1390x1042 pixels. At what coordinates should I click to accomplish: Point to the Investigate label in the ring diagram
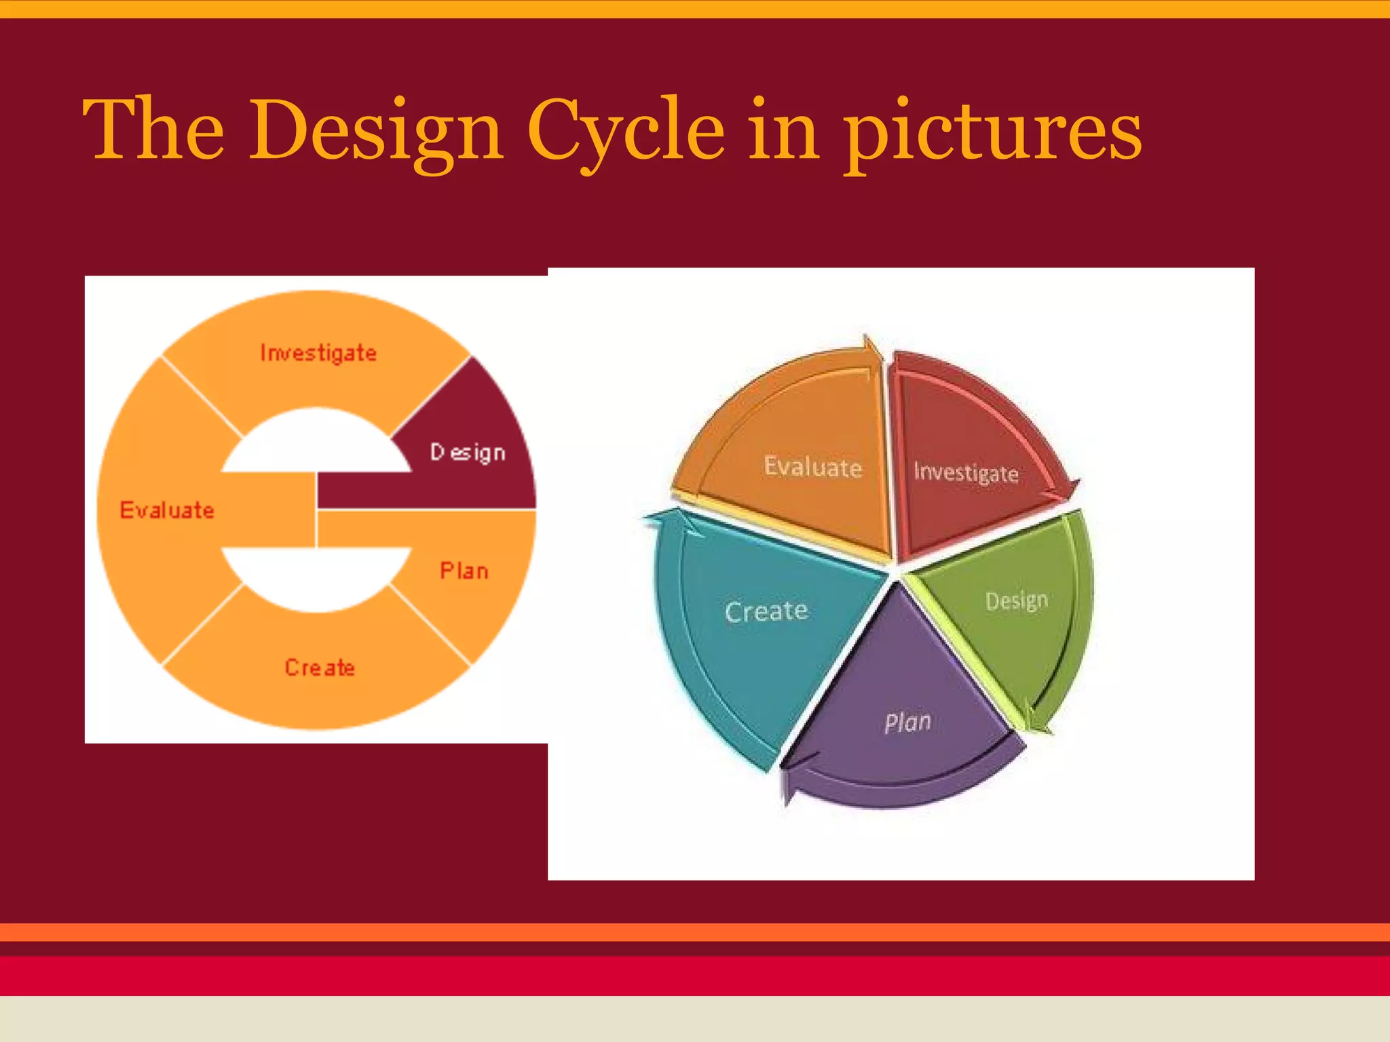pos(318,353)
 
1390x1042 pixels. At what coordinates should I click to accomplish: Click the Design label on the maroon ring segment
pos(468,452)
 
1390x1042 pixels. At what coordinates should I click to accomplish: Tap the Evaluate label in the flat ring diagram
pos(167,510)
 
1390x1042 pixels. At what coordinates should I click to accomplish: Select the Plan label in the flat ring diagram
pos(464,571)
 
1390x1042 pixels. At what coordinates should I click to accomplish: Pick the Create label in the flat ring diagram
pos(320,668)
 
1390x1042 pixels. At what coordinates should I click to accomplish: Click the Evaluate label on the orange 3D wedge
pos(812,467)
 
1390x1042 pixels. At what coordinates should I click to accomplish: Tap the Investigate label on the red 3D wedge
pos(966,472)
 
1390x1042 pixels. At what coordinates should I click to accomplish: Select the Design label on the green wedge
pos(1016,600)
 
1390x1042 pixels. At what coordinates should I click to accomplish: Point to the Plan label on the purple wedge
pos(907,722)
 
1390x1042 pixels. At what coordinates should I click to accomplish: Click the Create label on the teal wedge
pos(766,611)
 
